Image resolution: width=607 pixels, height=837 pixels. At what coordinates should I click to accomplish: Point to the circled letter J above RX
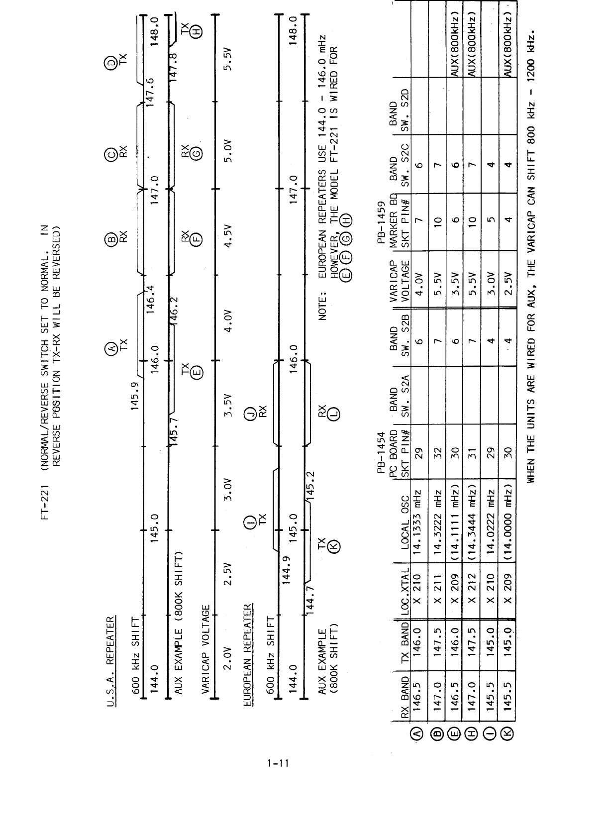(252, 412)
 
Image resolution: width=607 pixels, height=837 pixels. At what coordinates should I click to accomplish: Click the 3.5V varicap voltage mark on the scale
(230, 407)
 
